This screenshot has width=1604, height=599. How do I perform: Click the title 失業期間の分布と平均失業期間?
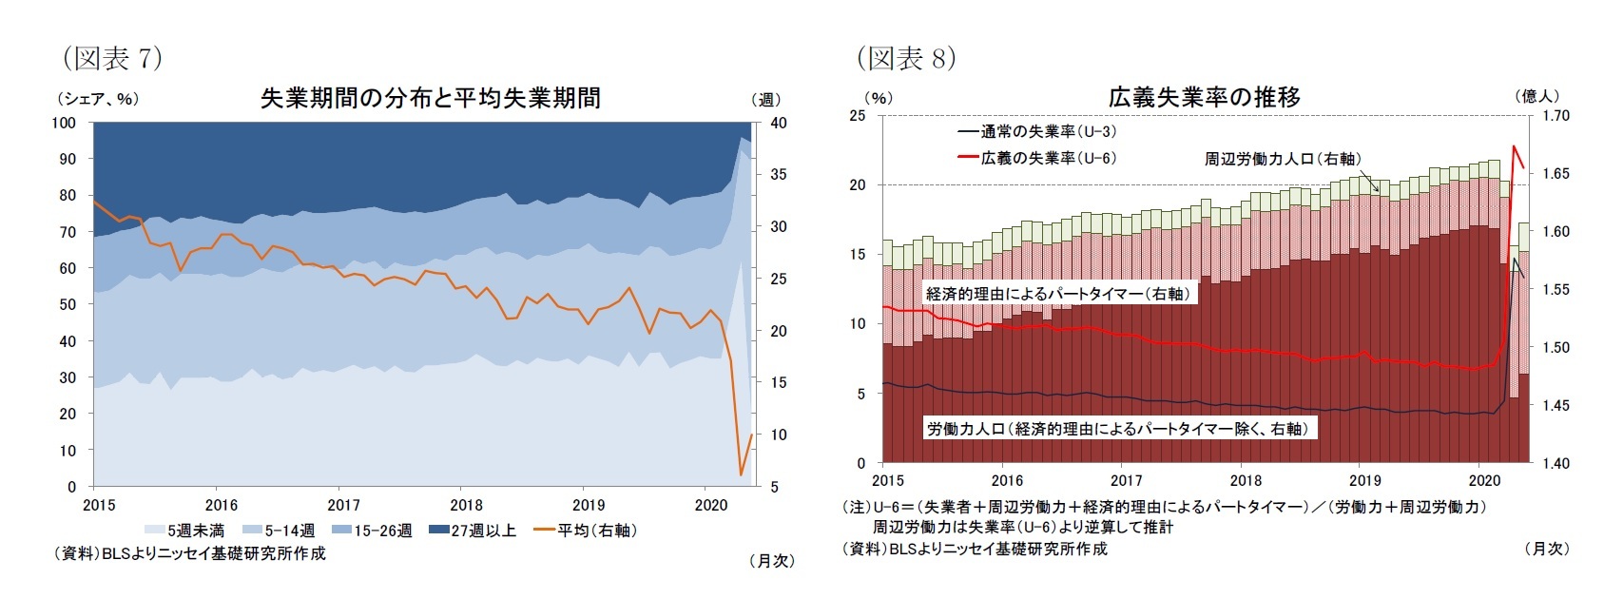pyautogui.click(x=430, y=98)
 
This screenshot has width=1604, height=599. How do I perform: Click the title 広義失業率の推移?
pyautogui.click(x=1204, y=97)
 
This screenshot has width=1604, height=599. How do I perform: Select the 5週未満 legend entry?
pyautogui.click(x=186, y=531)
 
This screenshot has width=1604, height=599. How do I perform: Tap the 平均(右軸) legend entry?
pyautogui.click(x=587, y=531)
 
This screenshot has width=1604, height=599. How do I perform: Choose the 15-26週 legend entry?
pyautogui.click(x=373, y=531)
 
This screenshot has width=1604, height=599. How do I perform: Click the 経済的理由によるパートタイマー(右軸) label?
pyautogui.click(x=1057, y=294)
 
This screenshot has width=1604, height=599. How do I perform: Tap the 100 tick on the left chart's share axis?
pyautogui.click(x=64, y=123)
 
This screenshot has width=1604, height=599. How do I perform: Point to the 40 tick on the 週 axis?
pyautogui.click(x=778, y=123)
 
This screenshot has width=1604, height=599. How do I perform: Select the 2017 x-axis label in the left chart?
pyautogui.click(x=344, y=505)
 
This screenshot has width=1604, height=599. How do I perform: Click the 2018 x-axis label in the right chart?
pyautogui.click(x=1246, y=480)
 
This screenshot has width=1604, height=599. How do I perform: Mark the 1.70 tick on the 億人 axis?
pyautogui.click(x=1556, y=116)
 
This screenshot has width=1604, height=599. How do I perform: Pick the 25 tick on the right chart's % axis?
pyautogui.click(x=858, y=116)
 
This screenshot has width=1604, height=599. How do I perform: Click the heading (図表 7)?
pyautogui.click(x=112, y=59)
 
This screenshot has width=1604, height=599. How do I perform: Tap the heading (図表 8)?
pyautogui.click(x=906, y=59)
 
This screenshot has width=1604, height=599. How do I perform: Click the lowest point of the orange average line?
pyautogui.click(x=741, y=474)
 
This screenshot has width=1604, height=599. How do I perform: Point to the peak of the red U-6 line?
pyautogui.click(x=1514, y=146)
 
